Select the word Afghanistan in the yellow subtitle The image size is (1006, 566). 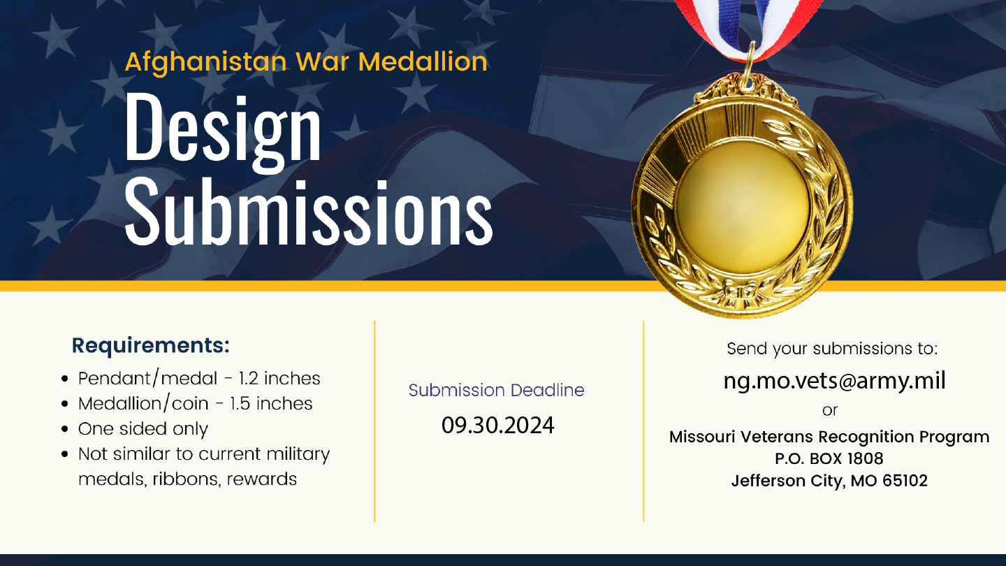[205, 62]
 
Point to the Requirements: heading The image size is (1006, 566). [151, 346]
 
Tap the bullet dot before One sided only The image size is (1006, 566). [65, 429]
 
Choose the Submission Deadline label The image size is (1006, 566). [496, 390]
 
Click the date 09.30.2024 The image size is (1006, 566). [497, 425]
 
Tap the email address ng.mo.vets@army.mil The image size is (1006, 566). [834, 380]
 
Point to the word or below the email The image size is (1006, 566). [830, 411]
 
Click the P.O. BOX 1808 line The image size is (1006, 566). [829, 458]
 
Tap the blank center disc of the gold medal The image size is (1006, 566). [743, 207]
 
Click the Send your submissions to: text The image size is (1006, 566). [832, 349]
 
